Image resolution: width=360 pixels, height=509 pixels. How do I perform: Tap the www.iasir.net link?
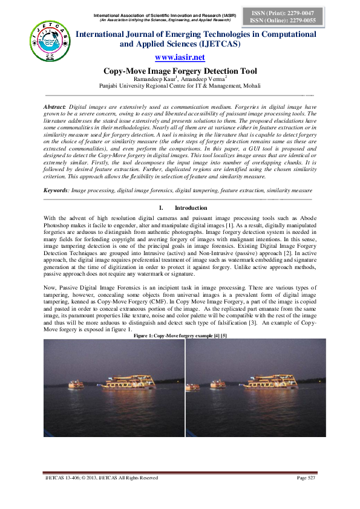180,57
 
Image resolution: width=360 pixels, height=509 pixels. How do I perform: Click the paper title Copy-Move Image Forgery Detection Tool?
180,70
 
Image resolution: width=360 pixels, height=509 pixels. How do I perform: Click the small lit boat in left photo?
76,384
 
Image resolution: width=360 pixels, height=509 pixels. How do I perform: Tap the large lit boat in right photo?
267,382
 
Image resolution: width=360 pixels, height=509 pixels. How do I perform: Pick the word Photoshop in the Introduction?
59,224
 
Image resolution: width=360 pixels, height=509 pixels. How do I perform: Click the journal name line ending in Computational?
195,34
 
